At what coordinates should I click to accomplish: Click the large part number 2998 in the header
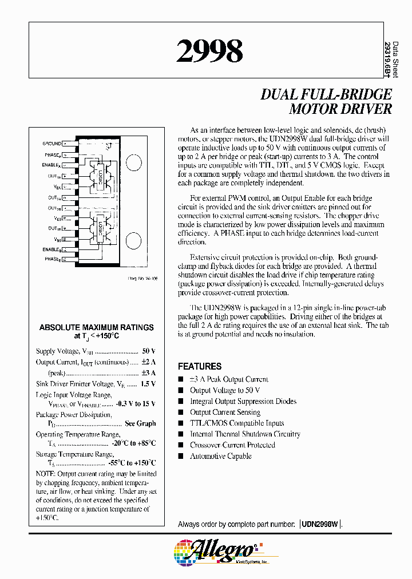(209, 51)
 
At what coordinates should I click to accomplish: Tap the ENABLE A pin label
(51, 165)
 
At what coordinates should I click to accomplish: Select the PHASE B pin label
(51, 260)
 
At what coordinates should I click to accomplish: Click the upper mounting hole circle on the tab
(133, 162)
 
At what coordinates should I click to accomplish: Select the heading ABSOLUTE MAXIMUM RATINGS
(96, 328)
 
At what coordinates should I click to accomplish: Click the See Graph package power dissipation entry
(140, 423)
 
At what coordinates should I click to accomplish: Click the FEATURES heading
(199, 366)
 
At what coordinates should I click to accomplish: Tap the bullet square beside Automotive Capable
(181, 456)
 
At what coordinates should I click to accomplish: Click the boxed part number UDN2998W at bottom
(320, 524)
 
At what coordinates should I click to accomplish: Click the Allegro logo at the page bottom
(217, 552)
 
